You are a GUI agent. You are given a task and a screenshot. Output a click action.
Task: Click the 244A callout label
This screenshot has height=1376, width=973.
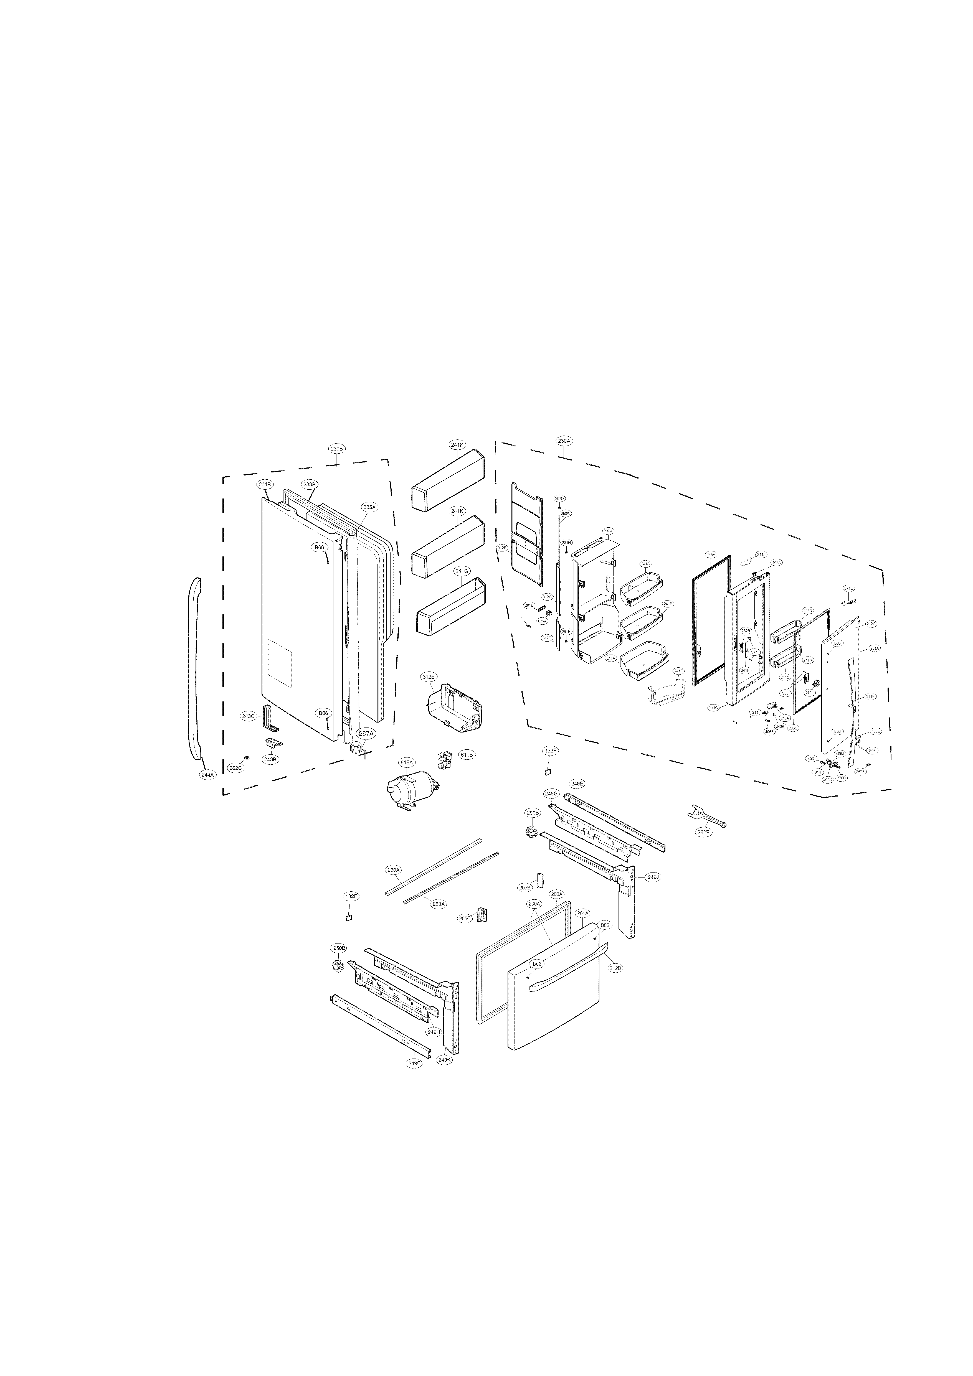[207, 774]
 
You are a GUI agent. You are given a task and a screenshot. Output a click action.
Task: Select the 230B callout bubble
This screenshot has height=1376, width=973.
[337, 448]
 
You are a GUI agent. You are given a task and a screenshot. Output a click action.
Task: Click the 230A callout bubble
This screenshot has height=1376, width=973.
[564, 441]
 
